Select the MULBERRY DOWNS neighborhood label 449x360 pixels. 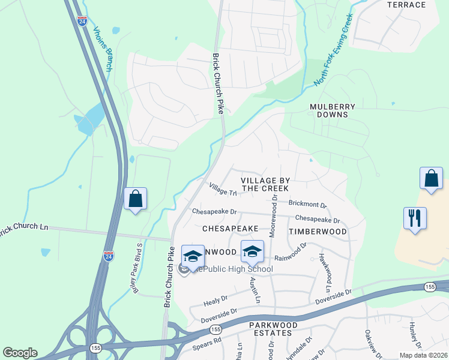pyautogui.click(x=333, y=110)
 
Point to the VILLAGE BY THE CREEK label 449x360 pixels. pyautogui.click(x=265, y=184)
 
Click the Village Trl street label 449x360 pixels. pyautogui.click(x=223, y=190)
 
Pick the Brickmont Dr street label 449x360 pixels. pyautogui.click(x=308, y=205)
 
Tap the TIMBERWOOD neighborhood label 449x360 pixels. pyautogui.click(x=318, y=231)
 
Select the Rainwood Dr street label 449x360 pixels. pyautogui.click(x=291, y=252)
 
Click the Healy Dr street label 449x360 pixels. pyautogui.click(x=216, y=298)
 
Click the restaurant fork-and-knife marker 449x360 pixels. pyautogui.click(x=415, y=218)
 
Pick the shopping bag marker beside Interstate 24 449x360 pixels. pyautogui.click(x=135, y=199)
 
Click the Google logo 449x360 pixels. pyautogui.click(x=20, y=353)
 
